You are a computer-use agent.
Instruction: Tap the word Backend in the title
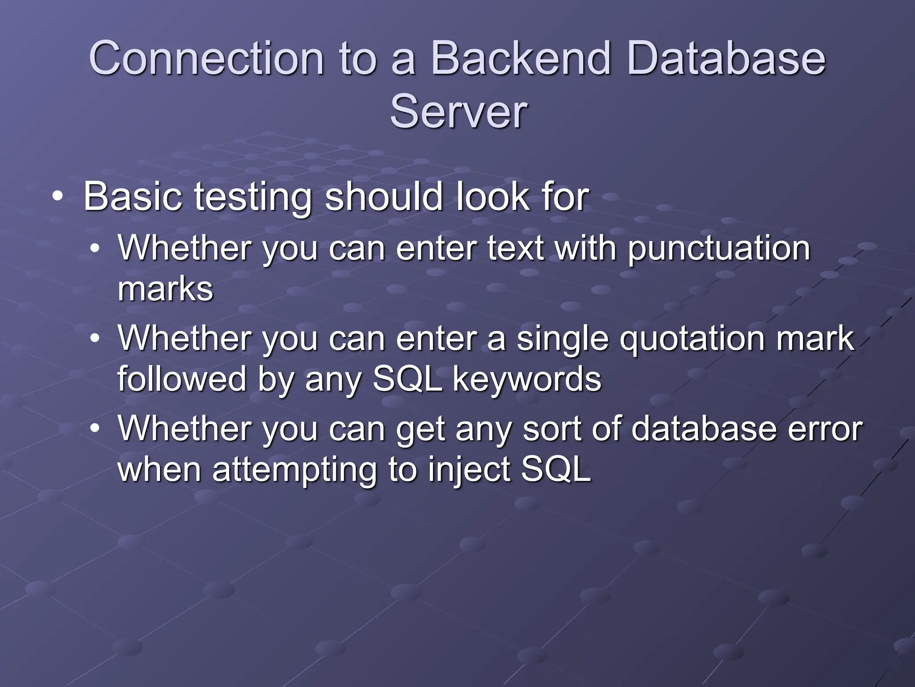pyautogui.click(x=520, y=59)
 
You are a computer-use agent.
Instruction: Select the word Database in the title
pyautogui.click(x=726, y=59)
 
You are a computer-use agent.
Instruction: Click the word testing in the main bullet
pyautogui.click(x=252, y=198)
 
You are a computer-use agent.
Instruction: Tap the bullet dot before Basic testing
pyautogui.click(x=57, y=197)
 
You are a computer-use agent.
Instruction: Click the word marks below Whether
pyautogui.click(x=165, y=289)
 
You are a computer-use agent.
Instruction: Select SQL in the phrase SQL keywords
pyautogui.click(x=407, y=379)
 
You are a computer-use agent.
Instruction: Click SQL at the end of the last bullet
pyautogui.click(x=556, y=470)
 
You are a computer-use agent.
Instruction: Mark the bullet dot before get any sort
pyautogui.click(x=95, y=428)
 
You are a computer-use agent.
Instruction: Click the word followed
pyautogui.click(x=181, y=379)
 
